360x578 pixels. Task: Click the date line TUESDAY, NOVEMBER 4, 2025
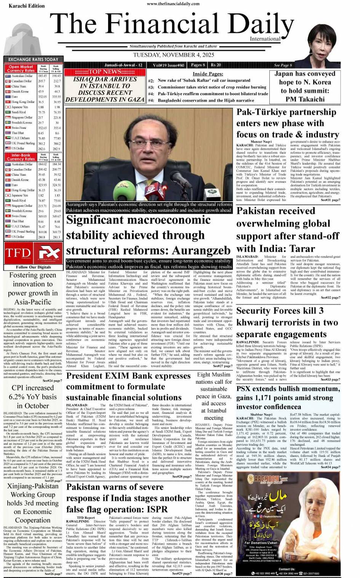(173, 55)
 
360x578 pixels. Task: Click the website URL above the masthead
(173, 4)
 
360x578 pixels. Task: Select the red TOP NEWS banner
(105, 72)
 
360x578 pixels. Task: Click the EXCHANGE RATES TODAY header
(33, 59)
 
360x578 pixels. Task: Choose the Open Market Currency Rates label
(21, 69)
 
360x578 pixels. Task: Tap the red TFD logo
(18, 253)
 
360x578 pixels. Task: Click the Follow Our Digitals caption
(33, 267)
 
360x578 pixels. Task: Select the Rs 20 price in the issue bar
(216, 65)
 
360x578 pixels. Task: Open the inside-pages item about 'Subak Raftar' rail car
(204, 80)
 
